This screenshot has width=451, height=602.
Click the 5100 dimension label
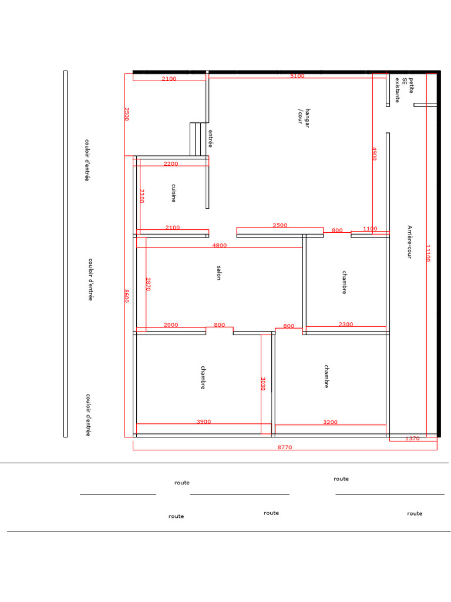tap(297, 76)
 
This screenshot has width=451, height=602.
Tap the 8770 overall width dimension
tap(285, 447)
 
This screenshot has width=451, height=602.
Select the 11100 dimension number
tap(428, 253)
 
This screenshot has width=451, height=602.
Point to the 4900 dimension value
tap(375, 153)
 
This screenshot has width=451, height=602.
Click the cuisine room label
tap(174, 193)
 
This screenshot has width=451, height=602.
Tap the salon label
tap(219, 273)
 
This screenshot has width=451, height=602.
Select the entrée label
tap(211, 139)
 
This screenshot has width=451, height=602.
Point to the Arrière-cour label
tap(409, 242)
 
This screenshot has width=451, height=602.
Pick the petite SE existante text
tap(404, 90)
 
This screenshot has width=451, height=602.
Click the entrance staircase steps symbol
tap(198, 139)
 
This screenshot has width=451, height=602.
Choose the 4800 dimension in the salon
tap(220, 245)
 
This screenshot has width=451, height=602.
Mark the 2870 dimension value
tap(148, 284)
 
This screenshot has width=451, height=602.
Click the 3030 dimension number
tap(263, 383)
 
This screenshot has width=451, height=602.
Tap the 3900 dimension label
tap(204, 422)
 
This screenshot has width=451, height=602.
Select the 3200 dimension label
tap(330, 422)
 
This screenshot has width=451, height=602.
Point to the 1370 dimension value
tap(413, 439)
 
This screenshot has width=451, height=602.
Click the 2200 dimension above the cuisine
tap(171, 163)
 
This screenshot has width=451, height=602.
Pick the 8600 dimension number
tap(127, 296)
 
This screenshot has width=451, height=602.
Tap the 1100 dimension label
tap(370, 229)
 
